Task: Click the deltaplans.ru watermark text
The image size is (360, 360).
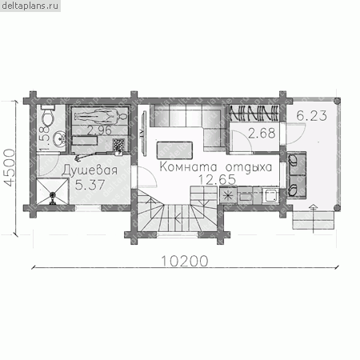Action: (x=30, y=6)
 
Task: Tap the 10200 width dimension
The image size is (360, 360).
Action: (x=185, y=261)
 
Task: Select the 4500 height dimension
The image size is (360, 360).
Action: (x=10, y=167)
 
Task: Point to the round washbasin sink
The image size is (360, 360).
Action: (x=58, y=138)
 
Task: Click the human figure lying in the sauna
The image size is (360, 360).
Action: (x=101, y=116)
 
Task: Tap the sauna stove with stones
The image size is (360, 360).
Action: (x=118, y=146)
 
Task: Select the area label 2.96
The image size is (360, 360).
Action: (x=99, y=130)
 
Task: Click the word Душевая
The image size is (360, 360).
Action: (x=90, y=170)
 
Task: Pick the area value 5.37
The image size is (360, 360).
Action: (x=90, y=185)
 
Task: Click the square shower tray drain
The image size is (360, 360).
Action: (x=52, y=191)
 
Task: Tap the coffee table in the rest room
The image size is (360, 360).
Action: (x=174, y=150)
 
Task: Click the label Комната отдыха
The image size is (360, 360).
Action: (x=216, y=167)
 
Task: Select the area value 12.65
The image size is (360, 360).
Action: (x=218, y=179)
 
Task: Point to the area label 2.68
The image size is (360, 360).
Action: (x=262, y=133)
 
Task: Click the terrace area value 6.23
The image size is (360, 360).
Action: (x=312, y=115)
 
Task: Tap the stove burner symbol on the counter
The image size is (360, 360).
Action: (x=228, y=196)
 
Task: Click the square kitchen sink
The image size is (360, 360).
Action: (x=270, y=195)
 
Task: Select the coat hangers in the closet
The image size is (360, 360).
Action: (x=254, y=113)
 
